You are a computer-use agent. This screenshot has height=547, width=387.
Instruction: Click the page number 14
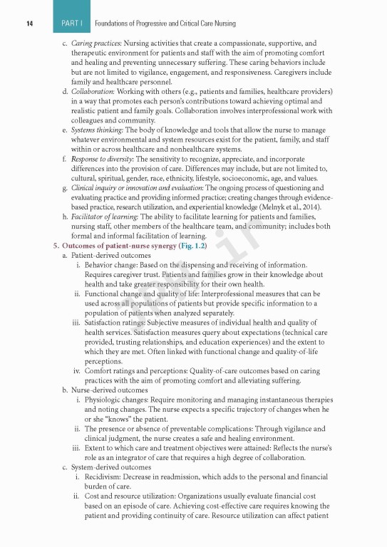(x=31, y=24)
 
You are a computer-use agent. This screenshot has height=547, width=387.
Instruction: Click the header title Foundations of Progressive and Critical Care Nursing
(x=165, y=24)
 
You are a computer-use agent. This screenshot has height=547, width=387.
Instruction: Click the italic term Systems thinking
(x=97, y=130)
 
